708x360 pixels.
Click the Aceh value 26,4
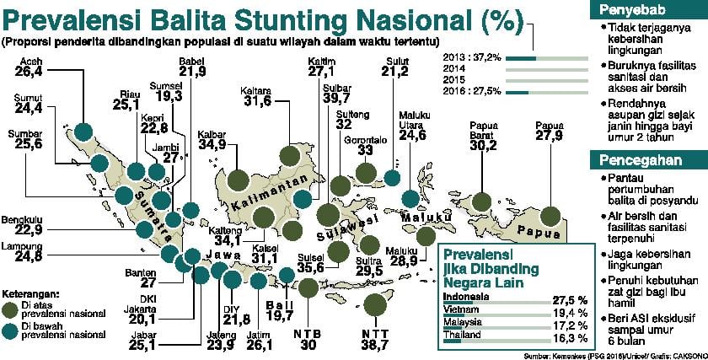coord(26,73)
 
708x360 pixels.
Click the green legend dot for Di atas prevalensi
coord(13,308)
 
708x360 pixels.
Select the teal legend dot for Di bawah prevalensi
coord(13,330)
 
